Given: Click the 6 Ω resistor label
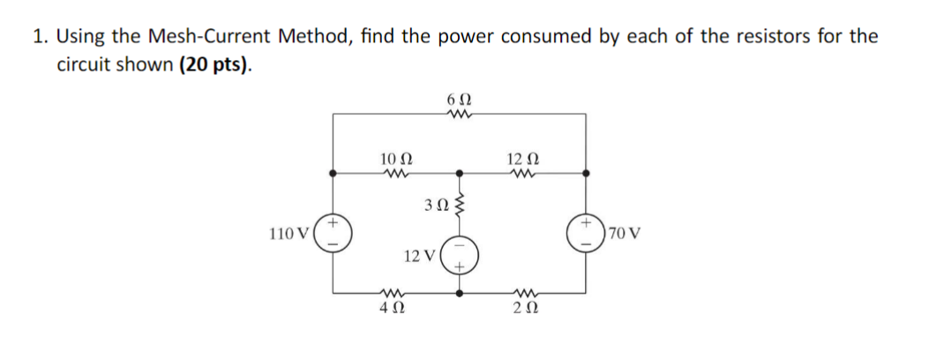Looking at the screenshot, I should tap(459, 99).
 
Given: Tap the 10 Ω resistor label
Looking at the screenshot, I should tap(393, 159).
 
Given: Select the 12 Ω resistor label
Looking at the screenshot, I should tap(522, 159).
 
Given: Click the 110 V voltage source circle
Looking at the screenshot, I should tap(334, 235).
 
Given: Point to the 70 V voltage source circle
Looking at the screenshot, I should tap(587, 235).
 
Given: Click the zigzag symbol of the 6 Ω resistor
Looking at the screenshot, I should tap(459, 113).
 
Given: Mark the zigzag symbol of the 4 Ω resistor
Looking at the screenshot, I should tap(391, 292).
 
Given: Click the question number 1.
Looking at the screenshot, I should tap(40, 36).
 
